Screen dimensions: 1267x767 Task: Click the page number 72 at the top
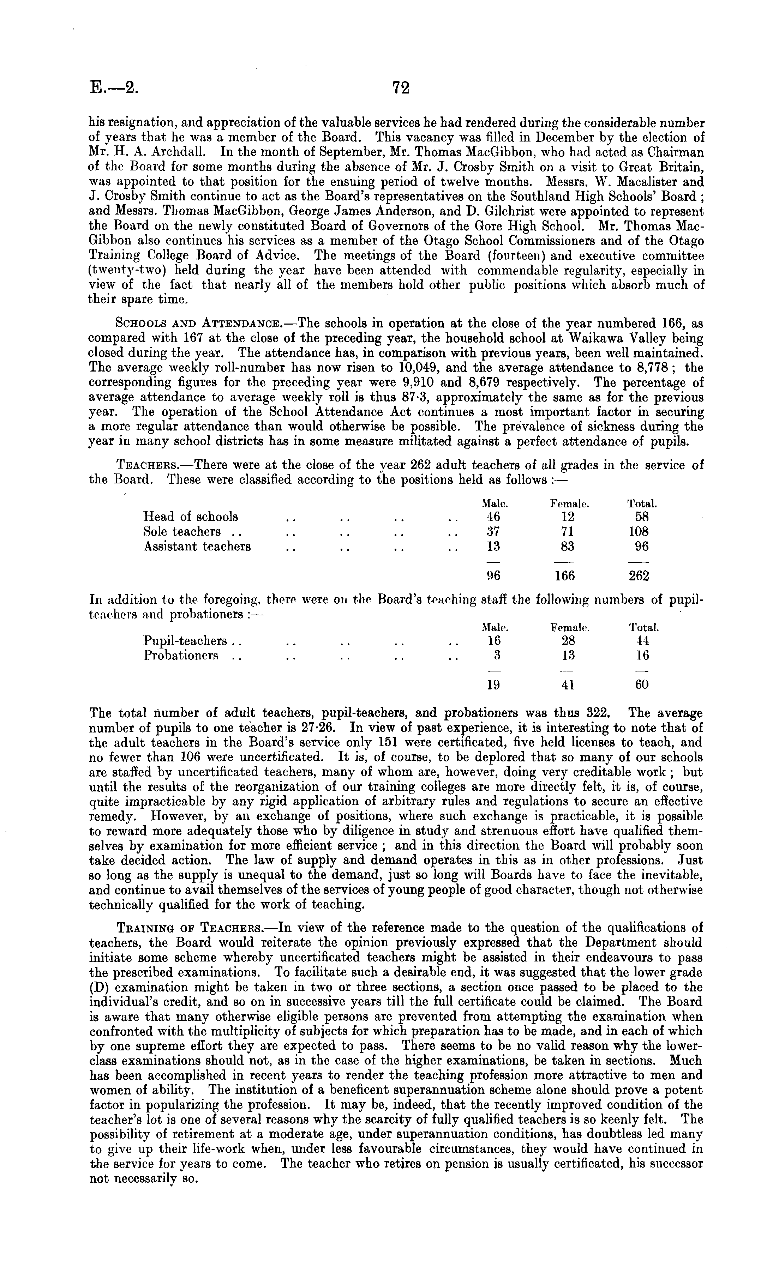(401, 88)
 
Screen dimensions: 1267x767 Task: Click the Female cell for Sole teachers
(568, 532)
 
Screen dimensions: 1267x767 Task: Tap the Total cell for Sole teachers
(639, 532)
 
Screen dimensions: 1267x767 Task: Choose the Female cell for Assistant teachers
(568, 546)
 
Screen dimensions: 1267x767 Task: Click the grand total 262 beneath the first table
(639, 576)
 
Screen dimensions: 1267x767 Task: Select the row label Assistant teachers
(197, 546)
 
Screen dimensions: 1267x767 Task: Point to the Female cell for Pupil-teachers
(568, 641)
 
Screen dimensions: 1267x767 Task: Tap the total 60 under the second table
(641, 685)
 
